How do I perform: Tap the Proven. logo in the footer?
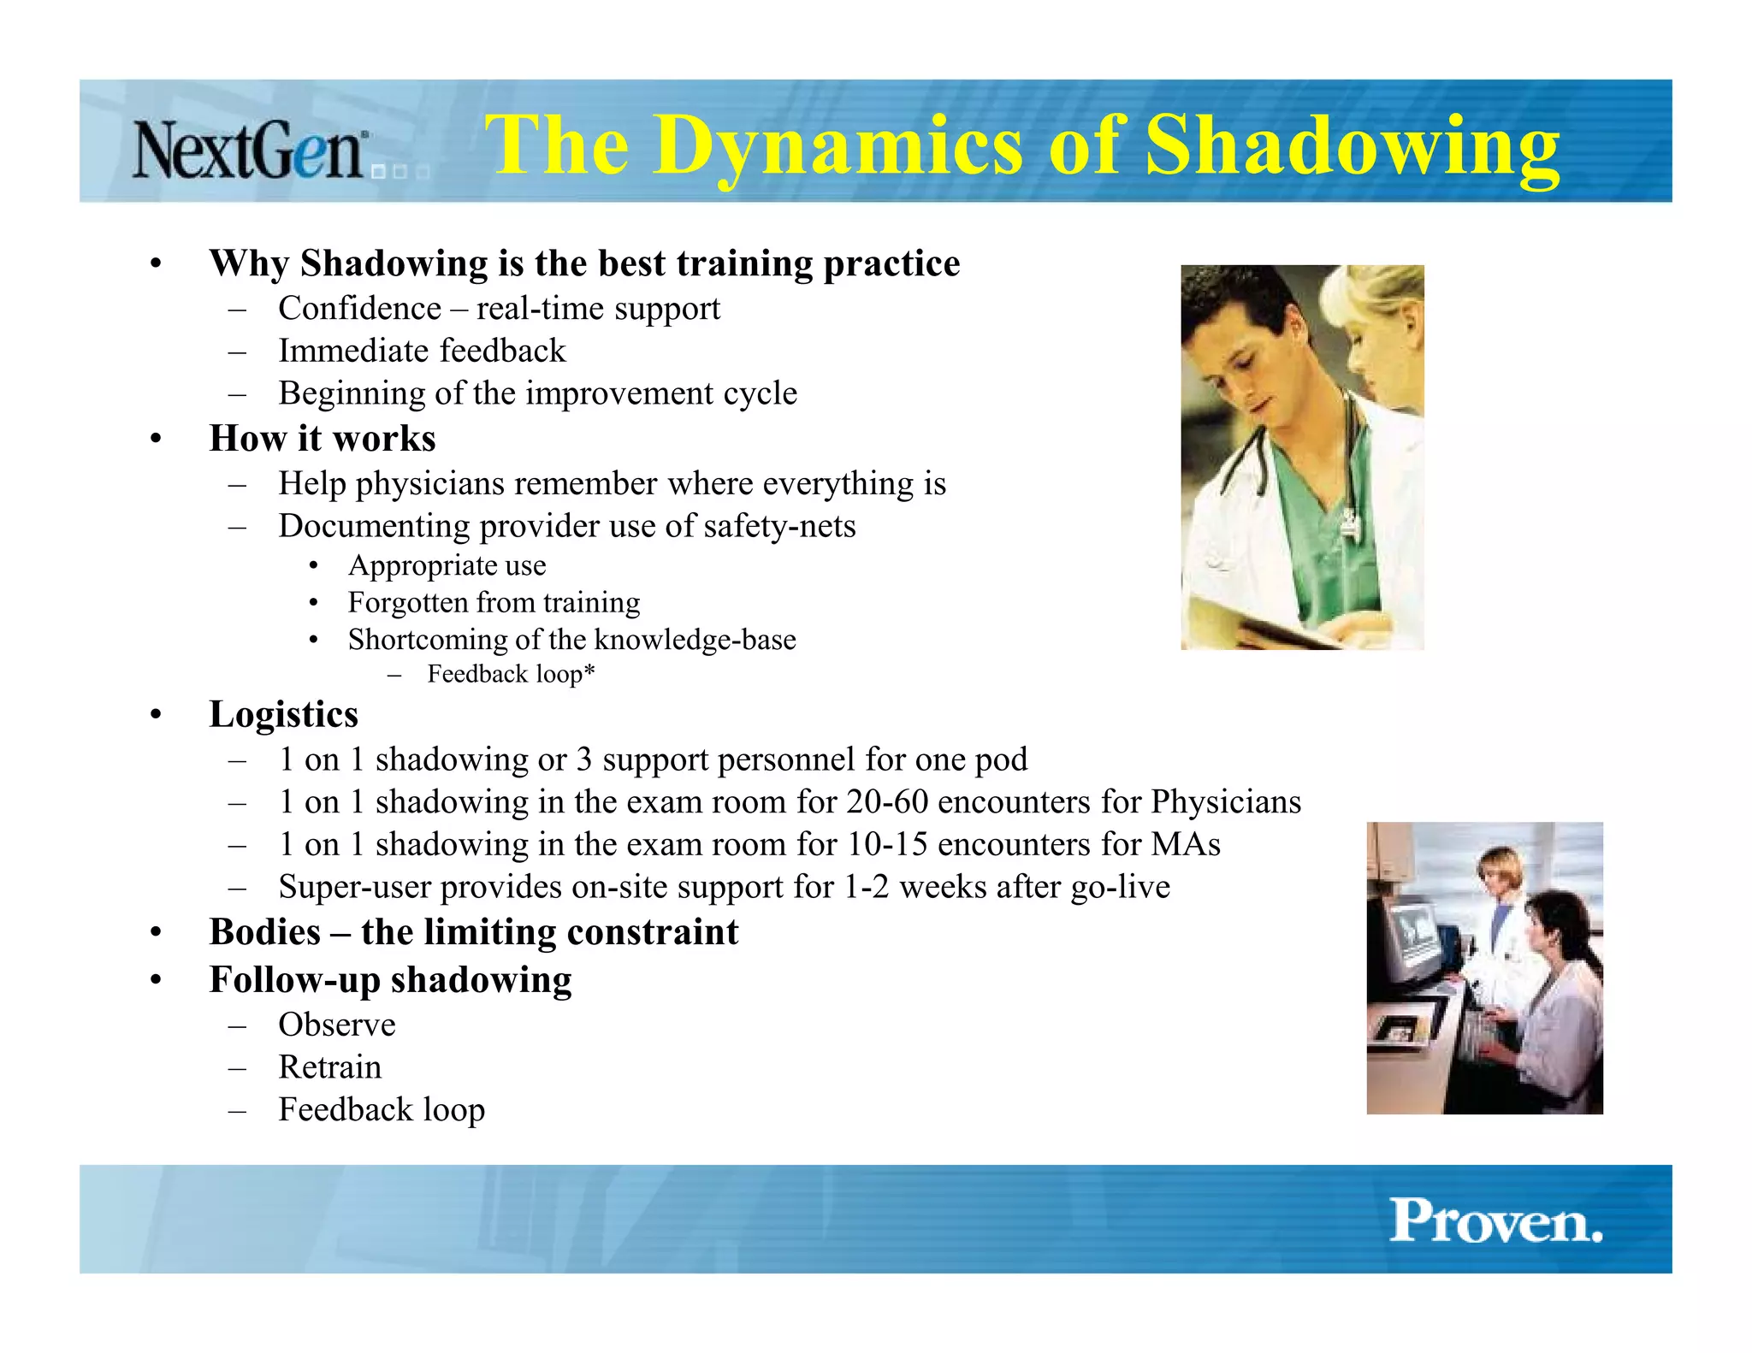point(1495,1220)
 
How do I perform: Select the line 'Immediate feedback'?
point(422,351)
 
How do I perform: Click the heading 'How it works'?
point(323,438)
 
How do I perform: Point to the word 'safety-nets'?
point(779,526)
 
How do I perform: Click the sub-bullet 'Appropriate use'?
point(447,565)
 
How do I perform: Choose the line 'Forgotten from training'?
point(494,602)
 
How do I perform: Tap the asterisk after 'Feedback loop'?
point(589,671)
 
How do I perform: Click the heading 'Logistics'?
point(283,714)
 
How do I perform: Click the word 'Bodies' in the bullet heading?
point(265,932)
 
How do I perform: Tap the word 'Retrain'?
point(330,1067)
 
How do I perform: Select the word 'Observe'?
point(337,1025)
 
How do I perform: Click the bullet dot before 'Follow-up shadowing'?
point(156,980)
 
